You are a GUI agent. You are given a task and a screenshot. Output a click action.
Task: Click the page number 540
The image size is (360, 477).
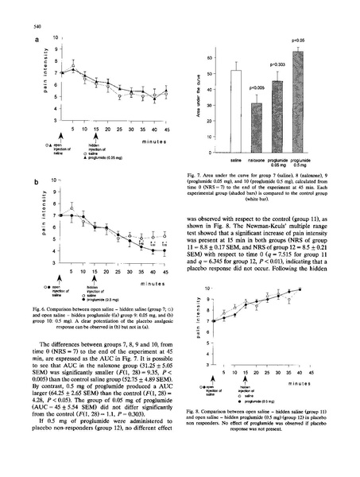coord(17,15)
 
